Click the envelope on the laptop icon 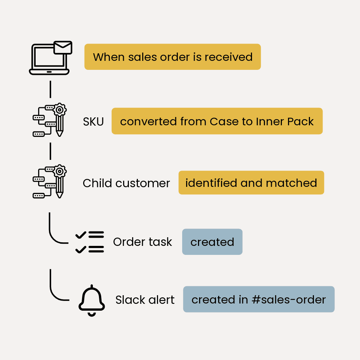tap(63, 48)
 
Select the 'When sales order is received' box tap(172, 57)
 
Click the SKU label tap(93, 122)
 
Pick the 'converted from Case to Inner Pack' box tap(217, 121)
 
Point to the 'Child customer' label tap(126, 183)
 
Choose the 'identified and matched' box tap(251, 183)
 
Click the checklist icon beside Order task tap(90, 242)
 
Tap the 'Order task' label tap(143, 242)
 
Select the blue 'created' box tap(212, 242)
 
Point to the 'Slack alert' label tap(145, 300)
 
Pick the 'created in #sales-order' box tap(258, 300)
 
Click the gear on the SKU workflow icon tap(59, 109)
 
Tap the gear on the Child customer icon tap(59, 170)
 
